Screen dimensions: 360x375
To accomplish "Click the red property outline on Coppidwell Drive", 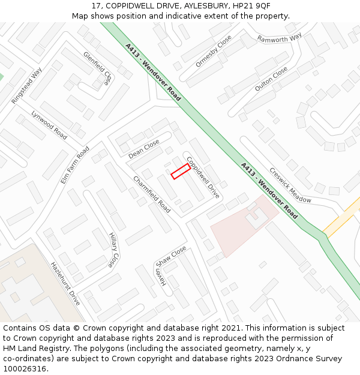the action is [x=181, y=172].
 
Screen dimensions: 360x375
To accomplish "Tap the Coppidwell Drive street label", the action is [x=203, y=178].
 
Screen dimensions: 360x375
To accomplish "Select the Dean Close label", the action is [x=144, y=149].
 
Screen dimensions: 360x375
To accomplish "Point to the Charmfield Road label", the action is [x=152, y=194].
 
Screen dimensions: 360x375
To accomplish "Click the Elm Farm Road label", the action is [x=75, y=165].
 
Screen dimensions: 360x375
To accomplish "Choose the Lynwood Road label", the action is [x=49, y=125].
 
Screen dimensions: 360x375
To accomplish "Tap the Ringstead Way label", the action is [x=26, y=86].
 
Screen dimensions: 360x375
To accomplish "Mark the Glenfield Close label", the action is [x=98, y=68].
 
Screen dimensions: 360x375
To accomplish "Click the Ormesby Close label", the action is [x=214, y=51].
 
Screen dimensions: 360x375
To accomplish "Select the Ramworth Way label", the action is [x=280, y=38].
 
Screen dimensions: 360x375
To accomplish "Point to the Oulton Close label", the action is [x=271, y=79].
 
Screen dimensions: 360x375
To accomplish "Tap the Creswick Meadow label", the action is [x=290, y=185].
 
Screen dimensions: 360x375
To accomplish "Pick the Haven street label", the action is [x=160, y=278].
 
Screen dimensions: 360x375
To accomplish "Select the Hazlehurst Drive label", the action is [x=65, y=283].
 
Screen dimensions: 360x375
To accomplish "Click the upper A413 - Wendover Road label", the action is [x=153, y=71].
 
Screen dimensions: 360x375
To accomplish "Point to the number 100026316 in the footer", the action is [x=24, y=369].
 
